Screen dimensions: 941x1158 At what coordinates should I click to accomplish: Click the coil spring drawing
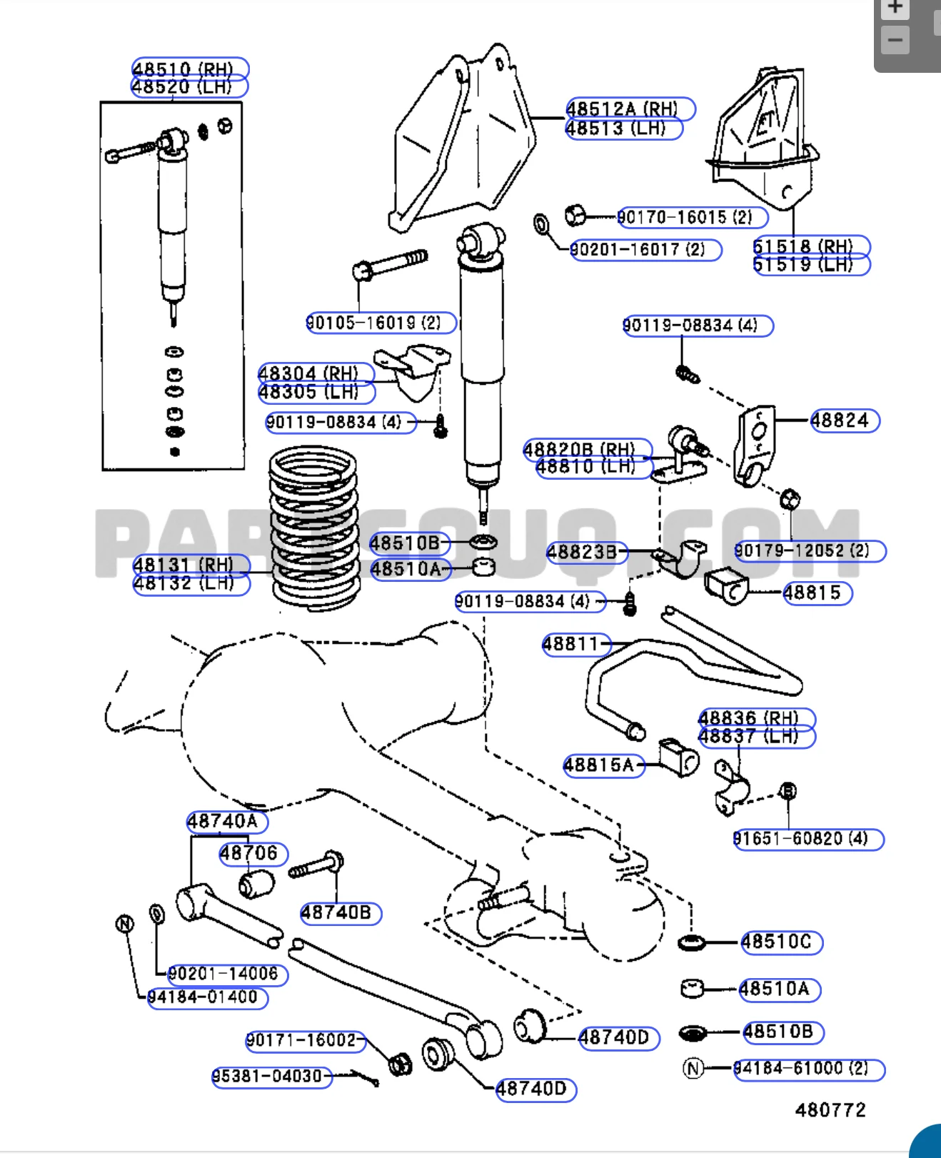coord(314,528)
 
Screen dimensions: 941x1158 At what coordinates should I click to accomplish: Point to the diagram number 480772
coord(830,1109)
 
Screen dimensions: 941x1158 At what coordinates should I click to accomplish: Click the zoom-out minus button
coord(895,40)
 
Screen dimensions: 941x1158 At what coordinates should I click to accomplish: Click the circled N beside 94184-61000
coord(693,1068)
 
